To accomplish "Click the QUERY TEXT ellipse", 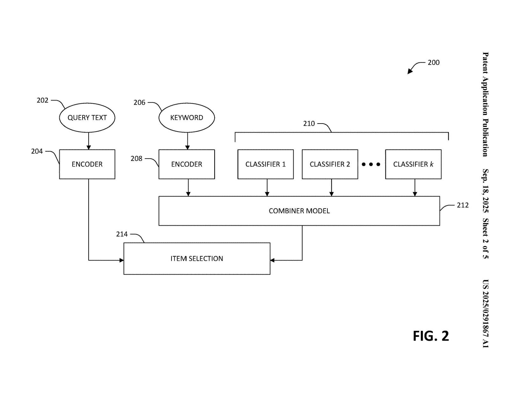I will point(87,118).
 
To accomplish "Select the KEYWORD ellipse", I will point(186,118).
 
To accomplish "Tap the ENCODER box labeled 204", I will point(87,164).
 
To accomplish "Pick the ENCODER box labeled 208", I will point(186,164).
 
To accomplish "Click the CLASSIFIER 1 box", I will point(266,164).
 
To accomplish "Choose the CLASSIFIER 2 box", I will point(330,164).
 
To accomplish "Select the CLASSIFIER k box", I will point(413,164).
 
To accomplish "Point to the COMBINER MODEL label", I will point(299,211).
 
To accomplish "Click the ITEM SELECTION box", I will point(197,259).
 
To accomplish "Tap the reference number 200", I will point(434,62).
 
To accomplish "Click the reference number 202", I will point(42,100).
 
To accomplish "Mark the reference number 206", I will point(139,103).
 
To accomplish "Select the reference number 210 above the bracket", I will point(309,124).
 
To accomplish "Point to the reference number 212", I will point(463,205).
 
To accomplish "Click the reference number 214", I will point(122,234).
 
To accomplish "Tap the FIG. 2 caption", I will point(431,336).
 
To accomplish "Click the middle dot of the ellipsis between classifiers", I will point(371,164).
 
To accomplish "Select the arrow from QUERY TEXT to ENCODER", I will point(89,141).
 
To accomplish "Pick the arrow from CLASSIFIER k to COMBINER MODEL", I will point(415,188).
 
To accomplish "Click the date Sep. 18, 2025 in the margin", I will point(485,190).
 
